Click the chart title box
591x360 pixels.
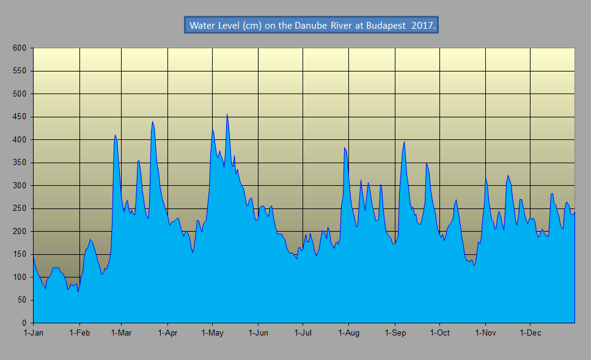coord(311,26)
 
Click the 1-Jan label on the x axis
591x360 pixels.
coord(34,333)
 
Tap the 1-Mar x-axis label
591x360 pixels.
coord(122,333)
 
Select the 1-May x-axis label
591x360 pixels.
coord(212,333)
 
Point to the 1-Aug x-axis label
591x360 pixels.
coord(348,333)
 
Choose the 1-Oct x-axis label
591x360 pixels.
coord(439,333)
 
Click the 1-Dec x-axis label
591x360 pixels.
coord(530,333)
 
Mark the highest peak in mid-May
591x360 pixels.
coord(227,115)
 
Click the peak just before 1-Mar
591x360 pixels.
coord(115,135)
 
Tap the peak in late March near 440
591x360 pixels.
coord(152,122)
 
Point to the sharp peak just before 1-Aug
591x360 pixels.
coord(345,149)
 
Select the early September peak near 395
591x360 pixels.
coord(404,142)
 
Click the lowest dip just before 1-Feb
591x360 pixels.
coord(78,291)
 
